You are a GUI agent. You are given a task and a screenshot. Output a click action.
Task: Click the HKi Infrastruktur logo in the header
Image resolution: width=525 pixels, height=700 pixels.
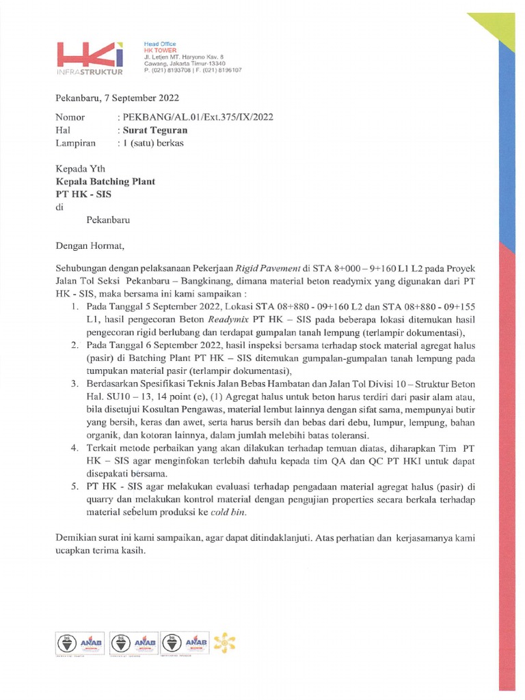point(90,57)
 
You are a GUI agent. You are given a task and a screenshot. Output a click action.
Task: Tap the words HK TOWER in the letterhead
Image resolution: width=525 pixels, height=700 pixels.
point(155,50)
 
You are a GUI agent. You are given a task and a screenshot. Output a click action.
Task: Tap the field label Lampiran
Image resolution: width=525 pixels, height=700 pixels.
point(73,143)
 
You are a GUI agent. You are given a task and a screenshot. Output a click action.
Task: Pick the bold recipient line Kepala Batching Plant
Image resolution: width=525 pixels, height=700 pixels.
point(105,182)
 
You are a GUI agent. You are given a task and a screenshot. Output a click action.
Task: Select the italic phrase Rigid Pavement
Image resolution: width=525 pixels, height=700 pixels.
point(268,267)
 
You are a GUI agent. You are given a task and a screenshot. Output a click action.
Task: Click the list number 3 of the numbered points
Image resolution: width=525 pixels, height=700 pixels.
point(76,384)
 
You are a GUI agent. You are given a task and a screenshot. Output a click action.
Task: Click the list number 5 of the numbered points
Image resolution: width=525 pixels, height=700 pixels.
point(76,488)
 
